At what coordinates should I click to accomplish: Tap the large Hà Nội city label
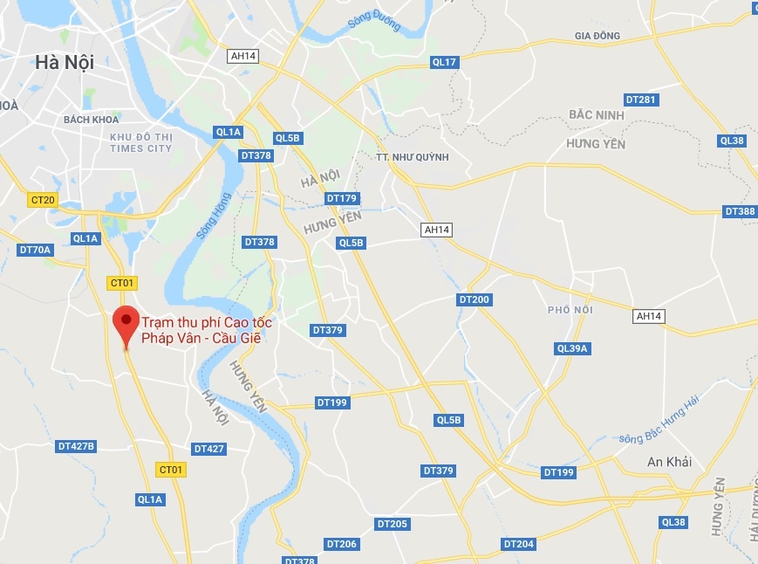[64, 62]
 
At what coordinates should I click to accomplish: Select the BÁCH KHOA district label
[90, 120]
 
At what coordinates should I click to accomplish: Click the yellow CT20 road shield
[42, 200]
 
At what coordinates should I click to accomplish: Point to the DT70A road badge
[36, 250]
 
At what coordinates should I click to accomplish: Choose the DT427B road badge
[76, 446]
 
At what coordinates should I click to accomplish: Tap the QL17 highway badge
[444, 62]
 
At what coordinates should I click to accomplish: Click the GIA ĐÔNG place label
[597, 36]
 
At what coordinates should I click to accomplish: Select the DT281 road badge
[641, 100]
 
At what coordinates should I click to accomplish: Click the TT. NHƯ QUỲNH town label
[412, 157]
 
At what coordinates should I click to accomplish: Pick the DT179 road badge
[342, 198]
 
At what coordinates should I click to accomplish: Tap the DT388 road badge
[740, 211]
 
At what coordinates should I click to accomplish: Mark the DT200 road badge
[474, 299]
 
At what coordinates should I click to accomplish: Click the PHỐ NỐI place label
[570, 310]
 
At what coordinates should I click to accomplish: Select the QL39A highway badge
[573, 348]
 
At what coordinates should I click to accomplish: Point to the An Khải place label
[669, 462]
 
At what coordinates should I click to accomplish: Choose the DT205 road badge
[392, 524]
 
